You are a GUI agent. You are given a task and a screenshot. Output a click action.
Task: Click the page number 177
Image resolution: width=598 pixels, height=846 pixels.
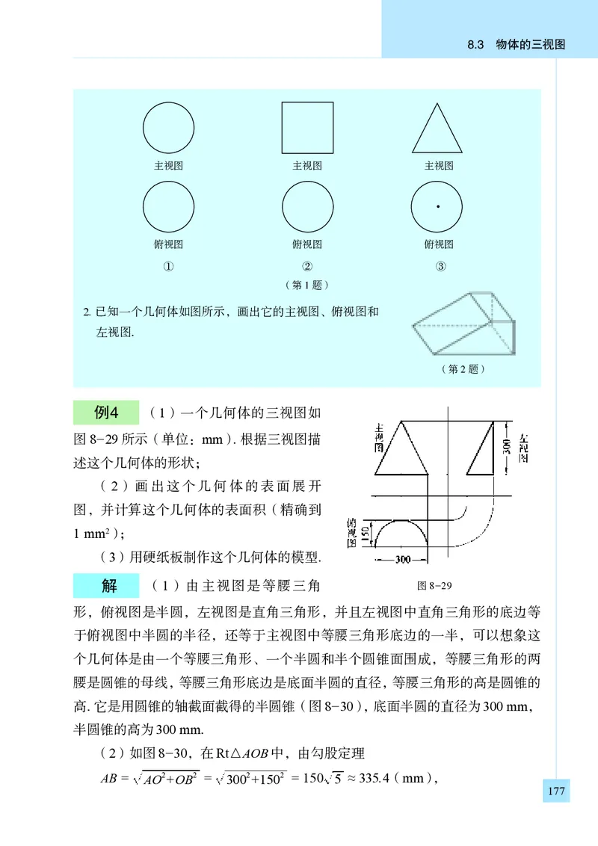[555, 791]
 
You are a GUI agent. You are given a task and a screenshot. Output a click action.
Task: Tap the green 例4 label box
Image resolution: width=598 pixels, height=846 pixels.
[106, 413]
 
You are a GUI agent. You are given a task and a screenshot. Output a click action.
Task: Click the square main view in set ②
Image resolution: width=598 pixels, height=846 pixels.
[307, 128]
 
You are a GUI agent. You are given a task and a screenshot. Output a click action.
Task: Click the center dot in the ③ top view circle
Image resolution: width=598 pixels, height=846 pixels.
[438, 206]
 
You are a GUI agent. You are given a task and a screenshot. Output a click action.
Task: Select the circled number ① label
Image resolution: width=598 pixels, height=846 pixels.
[169, 266]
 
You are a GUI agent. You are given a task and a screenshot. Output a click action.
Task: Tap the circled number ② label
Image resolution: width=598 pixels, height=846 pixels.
[307, 266]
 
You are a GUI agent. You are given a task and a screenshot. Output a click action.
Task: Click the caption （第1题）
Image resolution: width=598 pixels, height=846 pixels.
[307, 285]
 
